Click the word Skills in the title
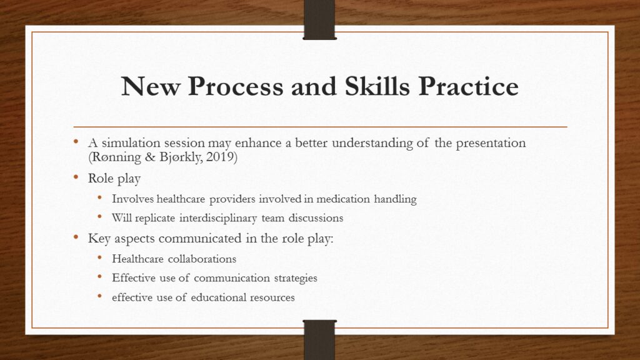pyautogui.click(x=377, y=86)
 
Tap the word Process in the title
pyautogui.click(x=236, y=86)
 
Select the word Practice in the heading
pyautogui.click(x=469, y=86)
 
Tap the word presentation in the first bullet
pyautogui.click(x=491, y=143)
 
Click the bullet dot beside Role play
pyautogui.click(x=76, y=177)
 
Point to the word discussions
pyautogui.click(x=316, y=218)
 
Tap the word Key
pyautogui.click(x=99, y=238)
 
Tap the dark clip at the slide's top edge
pyautogui.click(x=319, y=19)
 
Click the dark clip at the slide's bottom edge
pyautogui.click(x=319, y=340)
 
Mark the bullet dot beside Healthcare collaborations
pyautogui.click(x=100, y=257)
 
